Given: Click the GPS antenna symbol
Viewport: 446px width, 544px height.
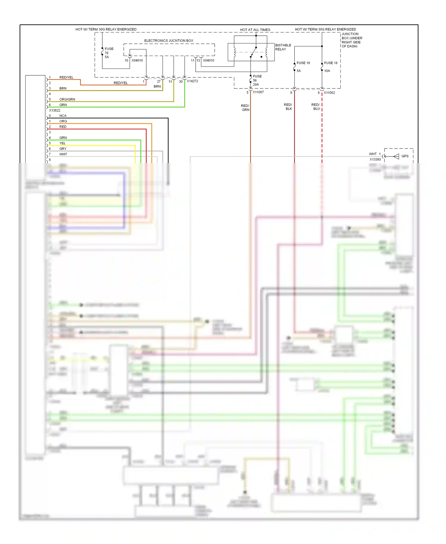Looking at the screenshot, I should [396, 156].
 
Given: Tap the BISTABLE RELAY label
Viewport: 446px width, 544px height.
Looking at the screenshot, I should [283, 47].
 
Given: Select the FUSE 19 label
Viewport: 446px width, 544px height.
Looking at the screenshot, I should [303, 63].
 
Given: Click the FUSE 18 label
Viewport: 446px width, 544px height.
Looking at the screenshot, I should [331, 63].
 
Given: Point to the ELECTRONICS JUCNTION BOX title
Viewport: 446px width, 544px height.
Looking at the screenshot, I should [169, 41].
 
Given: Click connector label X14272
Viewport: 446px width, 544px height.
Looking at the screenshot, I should [192, 81].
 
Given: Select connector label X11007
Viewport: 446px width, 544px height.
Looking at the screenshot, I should [258, 92].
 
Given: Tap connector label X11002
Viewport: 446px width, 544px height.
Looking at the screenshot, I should [329, 93].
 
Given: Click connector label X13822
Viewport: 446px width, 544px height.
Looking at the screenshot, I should [55, 110].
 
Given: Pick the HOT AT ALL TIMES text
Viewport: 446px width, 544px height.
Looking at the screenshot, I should [255, 30].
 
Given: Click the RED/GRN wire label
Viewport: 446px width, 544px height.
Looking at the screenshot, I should [245, 108].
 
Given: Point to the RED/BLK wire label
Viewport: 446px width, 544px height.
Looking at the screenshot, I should [288, 107].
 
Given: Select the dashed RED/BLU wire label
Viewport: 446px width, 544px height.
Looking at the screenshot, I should [316, 107].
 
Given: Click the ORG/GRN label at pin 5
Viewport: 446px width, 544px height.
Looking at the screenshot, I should [67, 99].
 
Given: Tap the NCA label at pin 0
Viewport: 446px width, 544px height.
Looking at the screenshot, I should [63, 116].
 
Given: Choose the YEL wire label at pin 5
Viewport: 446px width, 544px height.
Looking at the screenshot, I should [62, 143].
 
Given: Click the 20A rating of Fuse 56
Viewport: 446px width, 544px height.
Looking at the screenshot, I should [256, 85].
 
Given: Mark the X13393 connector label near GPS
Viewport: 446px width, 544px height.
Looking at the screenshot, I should [375, 160].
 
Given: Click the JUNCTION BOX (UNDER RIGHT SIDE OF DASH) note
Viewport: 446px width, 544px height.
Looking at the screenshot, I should [352, 40].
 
